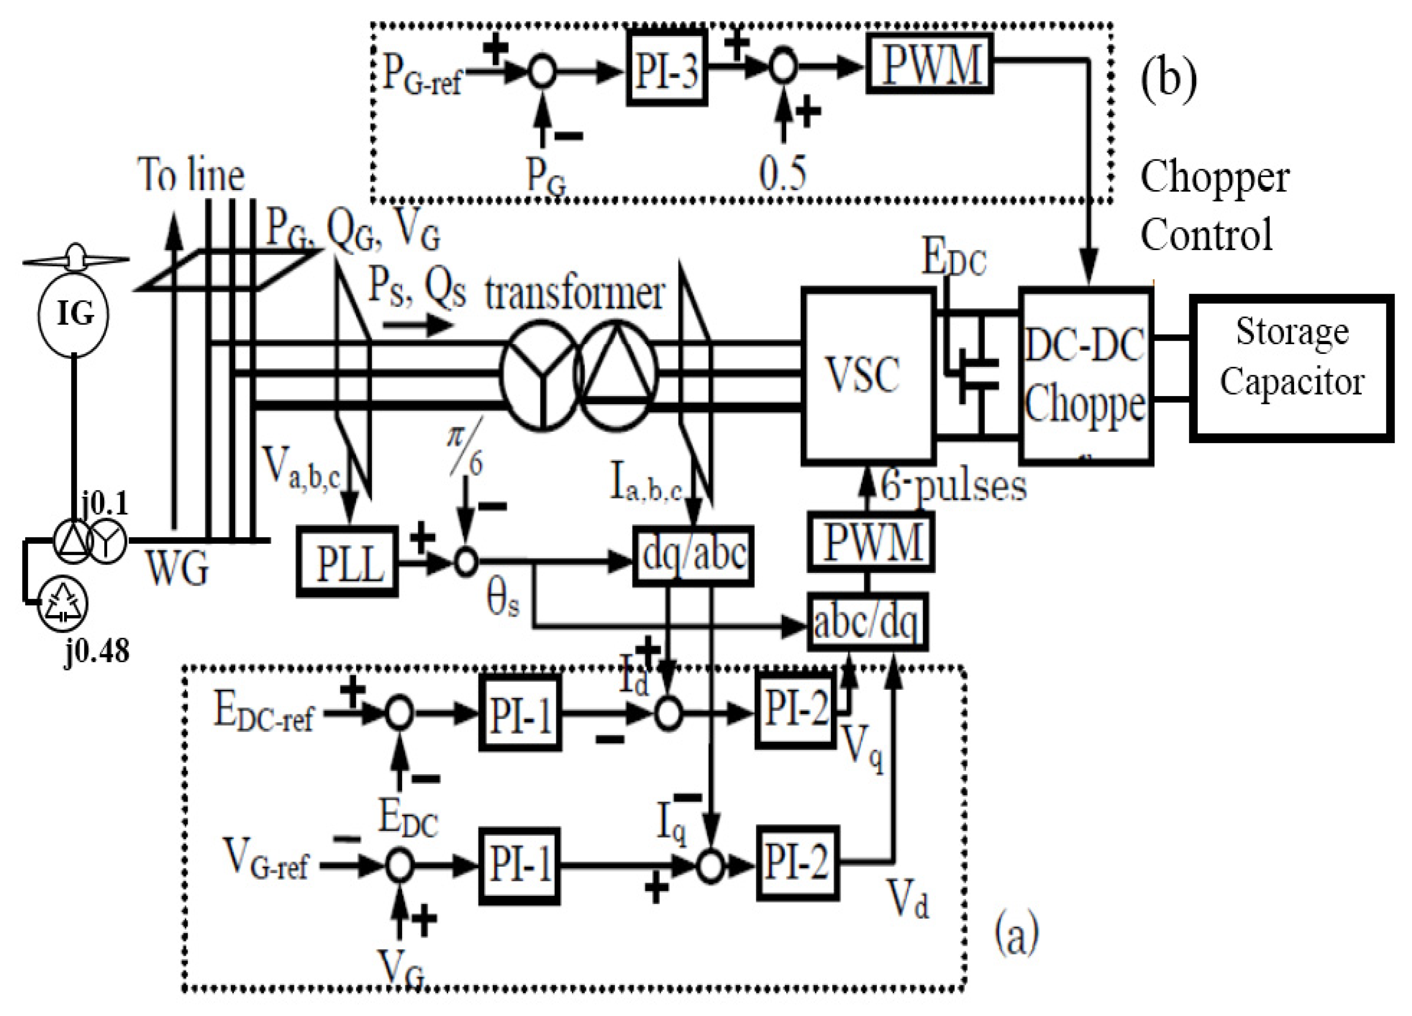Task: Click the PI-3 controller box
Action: [666, 68]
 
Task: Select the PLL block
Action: [347, 561]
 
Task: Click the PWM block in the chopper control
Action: [929, 64]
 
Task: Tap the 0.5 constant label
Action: [782, 173]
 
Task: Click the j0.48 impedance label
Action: [97, 651]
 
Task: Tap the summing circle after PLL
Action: [466, 562]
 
